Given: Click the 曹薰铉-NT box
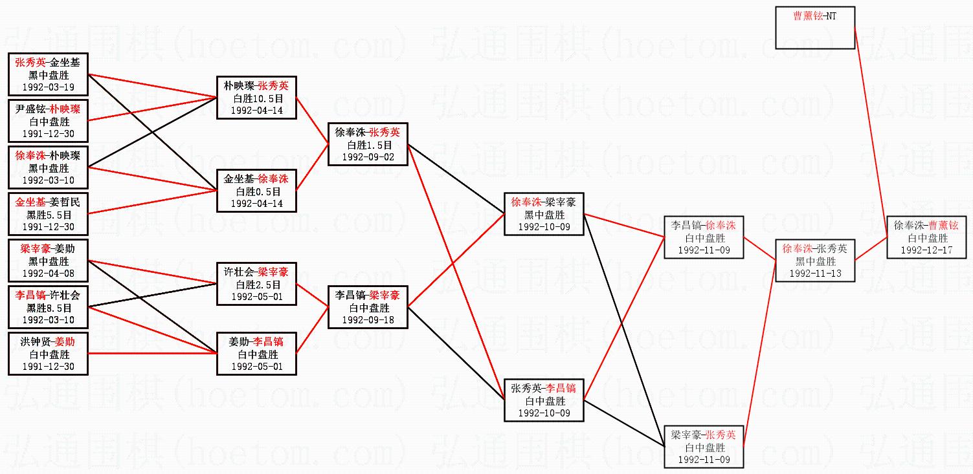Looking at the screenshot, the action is tap(815, 28).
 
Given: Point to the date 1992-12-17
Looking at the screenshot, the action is tap(926, 250).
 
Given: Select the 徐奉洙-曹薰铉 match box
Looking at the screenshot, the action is tap(926, 237).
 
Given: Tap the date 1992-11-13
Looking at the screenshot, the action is tap(816, 274).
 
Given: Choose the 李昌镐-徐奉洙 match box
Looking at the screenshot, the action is tap(704, 237).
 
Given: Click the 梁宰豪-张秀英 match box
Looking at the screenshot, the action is tap(704, 447).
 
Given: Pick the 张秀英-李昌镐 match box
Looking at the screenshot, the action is tap(544, 400).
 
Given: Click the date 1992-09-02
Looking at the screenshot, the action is tap(367, 156).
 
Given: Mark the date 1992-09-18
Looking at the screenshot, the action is tap(367, 319).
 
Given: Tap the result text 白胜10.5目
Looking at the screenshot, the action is tap(257, 98).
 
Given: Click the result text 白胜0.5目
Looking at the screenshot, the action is tap(257, 191).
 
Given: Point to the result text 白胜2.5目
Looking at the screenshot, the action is tap(257, 285).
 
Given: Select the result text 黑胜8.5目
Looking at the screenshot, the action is tap(49, 308).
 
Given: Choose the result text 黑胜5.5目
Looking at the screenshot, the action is tap(49, 215).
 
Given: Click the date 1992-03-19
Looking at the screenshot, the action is tap(49, 87).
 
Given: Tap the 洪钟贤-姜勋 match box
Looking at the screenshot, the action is tap(49, 354).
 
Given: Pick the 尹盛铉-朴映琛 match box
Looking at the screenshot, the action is tap(49, 121).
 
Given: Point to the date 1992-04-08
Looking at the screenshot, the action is tap(49, 274).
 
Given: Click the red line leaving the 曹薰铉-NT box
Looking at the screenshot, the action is tap(871, 129).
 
